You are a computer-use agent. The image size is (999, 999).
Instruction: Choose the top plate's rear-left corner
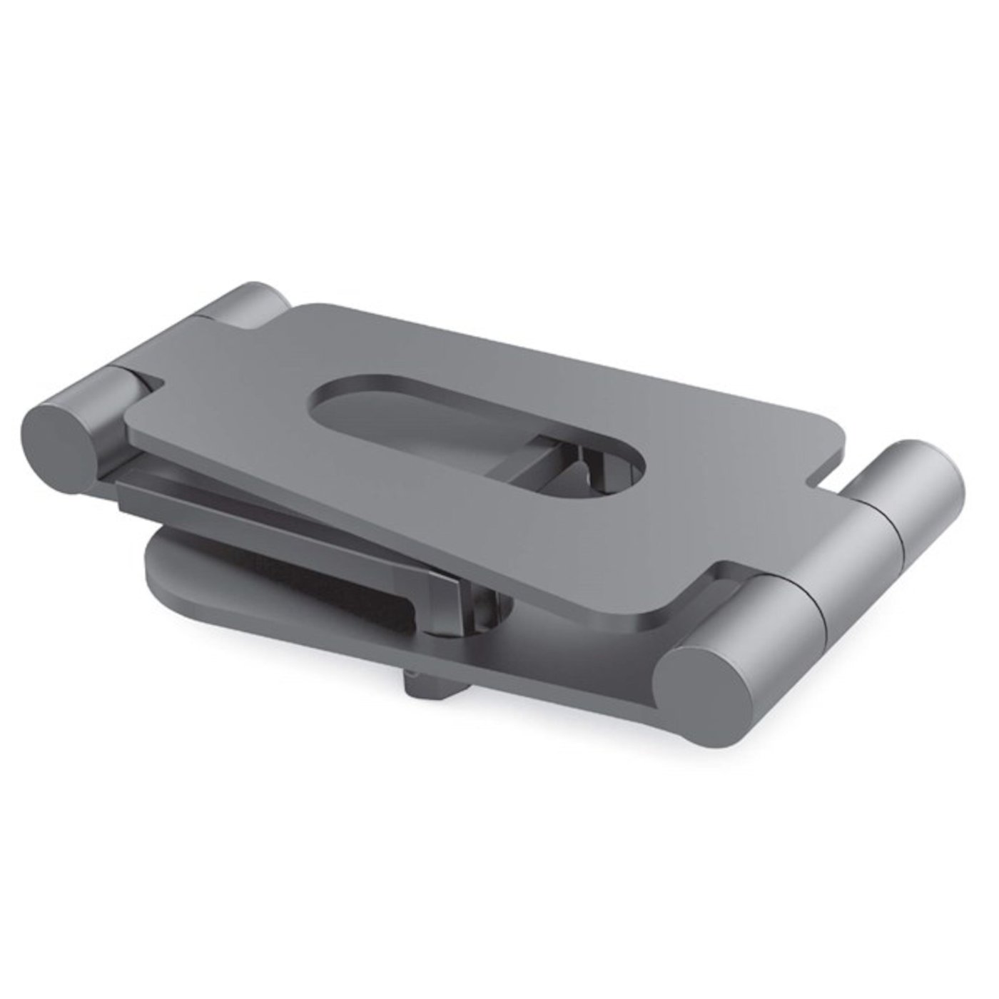coord(303,308)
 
